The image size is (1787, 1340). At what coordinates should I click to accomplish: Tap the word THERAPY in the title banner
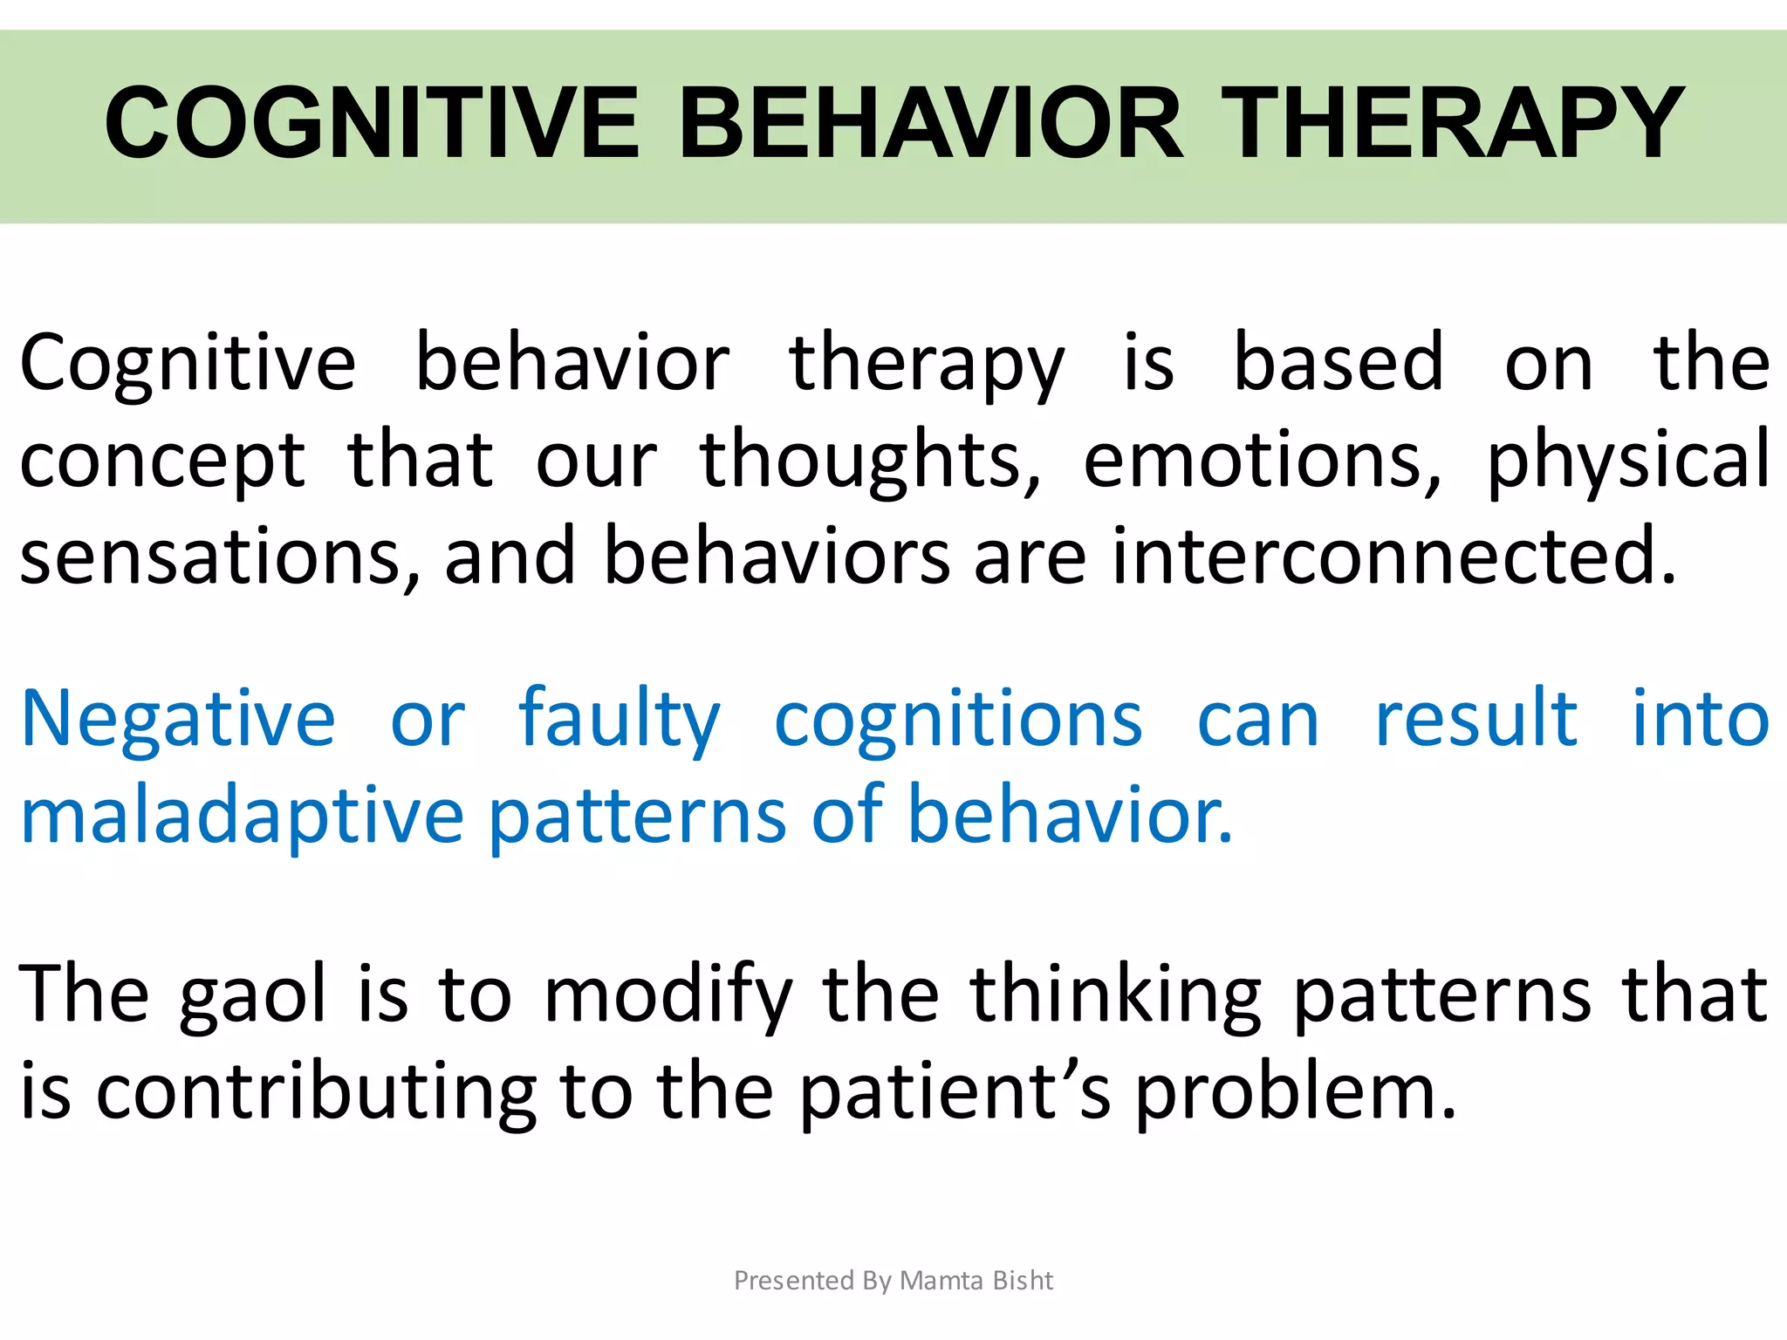(1452, 123)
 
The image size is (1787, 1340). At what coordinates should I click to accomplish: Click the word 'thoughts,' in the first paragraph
(870, 461)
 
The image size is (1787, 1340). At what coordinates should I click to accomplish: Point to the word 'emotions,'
(1263, 461)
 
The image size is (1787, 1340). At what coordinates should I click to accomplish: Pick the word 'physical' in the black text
(1628, 461)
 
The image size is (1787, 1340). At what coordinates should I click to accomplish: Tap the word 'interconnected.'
(1394, 557)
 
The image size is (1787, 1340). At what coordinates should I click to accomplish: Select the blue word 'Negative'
(178, 720)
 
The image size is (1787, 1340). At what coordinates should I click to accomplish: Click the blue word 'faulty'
(619, 720)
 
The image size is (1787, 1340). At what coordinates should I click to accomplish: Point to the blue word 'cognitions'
(958, 720)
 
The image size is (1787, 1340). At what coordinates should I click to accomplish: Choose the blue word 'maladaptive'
(243, 816)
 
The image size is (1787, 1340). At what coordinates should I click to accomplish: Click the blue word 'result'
(1475, 720)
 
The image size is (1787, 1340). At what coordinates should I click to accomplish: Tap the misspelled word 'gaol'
(253, 995)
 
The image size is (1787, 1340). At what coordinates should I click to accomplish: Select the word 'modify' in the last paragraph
(668, 995)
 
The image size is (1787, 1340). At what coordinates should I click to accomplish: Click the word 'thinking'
(1115, 995)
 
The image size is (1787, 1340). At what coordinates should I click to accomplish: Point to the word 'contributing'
(315, 1092)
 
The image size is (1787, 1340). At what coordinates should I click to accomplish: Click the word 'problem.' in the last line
(1296, 1092)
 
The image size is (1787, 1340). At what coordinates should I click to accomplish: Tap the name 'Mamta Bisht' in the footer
(976, 1280)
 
